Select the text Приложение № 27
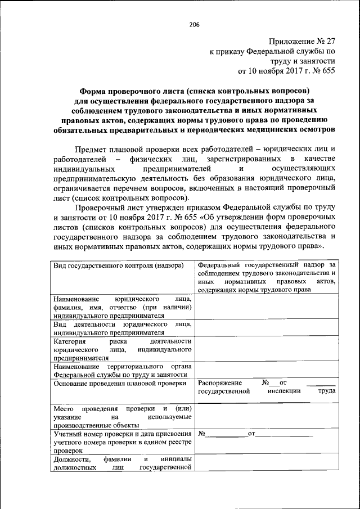click(x=302, y=41)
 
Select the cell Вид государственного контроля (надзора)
click(x=119, y=265)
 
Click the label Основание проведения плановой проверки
click(x=119, y=383)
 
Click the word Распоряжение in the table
click(x=220, y=382)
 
